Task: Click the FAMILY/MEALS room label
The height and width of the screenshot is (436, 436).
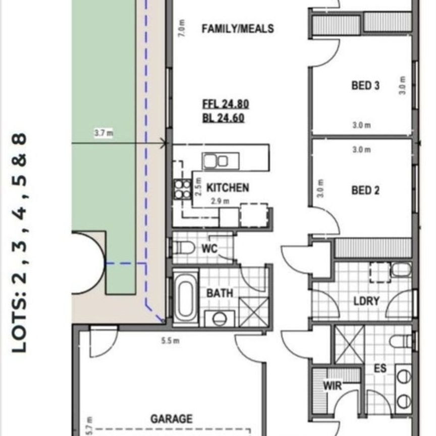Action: point(238,29)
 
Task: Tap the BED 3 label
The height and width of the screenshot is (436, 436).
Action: point(365,85)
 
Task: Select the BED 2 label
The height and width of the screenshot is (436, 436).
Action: point(365,190)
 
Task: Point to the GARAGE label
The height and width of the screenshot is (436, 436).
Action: point(171,419)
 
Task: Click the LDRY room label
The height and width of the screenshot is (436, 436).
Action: point(366,301)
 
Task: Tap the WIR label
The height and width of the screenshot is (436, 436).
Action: point(332,387)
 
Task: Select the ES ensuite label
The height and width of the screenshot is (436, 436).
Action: point(380,369)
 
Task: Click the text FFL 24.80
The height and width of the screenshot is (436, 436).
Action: point(225,105)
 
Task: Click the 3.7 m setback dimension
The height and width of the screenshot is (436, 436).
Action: point(103,134)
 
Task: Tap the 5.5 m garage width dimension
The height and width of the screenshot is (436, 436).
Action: point(170,341)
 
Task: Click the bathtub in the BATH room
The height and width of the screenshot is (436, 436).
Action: point(185,297)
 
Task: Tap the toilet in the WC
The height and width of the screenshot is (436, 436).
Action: point(184,247)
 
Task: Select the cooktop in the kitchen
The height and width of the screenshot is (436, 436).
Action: point(182,189)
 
